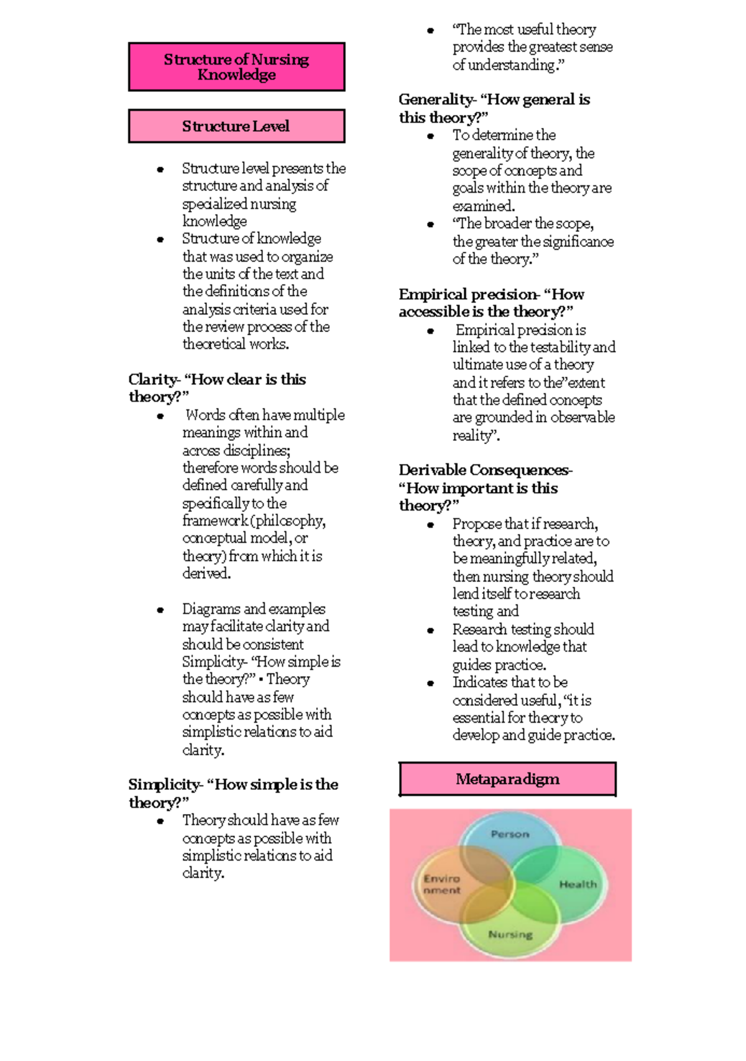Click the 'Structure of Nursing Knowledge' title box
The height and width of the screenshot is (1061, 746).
pyautogui.click(x=236, y=67)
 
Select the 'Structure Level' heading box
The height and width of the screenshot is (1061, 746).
pyautogui.click(x=236, y=126)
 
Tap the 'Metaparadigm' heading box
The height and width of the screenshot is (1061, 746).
pyautogui.click(x=507, y=779)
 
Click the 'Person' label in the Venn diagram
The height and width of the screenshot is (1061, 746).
pyautogui.click(x=510, y=834)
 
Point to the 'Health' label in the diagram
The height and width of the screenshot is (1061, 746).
pyautogui.click(x=578, y=884)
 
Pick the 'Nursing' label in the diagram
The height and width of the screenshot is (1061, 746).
pyautogui.click(x=510, y=934)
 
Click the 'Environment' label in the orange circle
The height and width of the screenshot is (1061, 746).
pyautogui.click(x=442, y=884)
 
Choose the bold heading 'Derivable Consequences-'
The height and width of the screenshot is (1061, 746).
pyautogui.click(x=486, y=470)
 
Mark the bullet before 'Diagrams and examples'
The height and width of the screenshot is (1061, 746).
pyautogui.click(x=160, y=610)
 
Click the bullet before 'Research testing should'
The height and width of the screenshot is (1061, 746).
pyautogui.click(x=430, y=631)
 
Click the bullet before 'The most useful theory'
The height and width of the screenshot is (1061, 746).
pyautogui.click(x=430, y=30)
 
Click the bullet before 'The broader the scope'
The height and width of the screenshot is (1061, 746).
pyautogui.click(x=430, y=225)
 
